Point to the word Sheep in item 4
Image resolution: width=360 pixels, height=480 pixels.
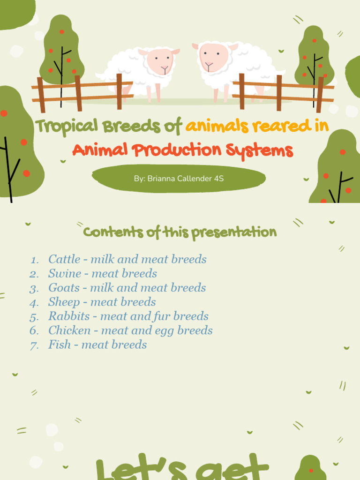tap(64, 302)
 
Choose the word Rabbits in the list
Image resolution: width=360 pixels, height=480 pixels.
tap(68, 316)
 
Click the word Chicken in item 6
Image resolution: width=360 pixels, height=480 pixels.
tap(69, 330)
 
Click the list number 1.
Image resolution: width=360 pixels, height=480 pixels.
tap(35, 260)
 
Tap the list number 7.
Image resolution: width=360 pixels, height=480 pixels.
tap(34, 345)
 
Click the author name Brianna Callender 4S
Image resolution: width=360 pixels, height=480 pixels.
tap(179, 179)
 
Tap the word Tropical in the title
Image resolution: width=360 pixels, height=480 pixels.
tap(66, 126)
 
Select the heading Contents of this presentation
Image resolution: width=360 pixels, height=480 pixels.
tap(180, 232)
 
